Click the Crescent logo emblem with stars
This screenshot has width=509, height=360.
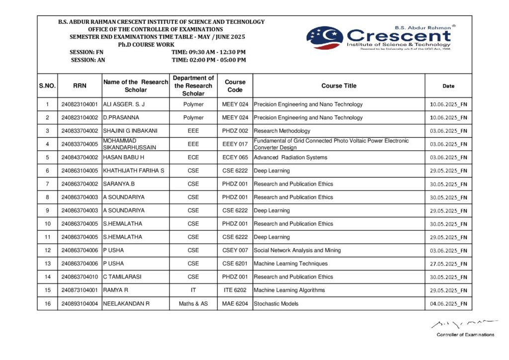coord(325,37)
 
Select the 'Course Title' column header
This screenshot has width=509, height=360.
coord(339,86)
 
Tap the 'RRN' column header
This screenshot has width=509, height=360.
coord(80,86)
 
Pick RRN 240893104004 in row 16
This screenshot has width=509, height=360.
coord(80,303)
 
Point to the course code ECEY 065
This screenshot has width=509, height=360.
coord(235,158)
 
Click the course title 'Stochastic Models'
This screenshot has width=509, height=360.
coord(276,303)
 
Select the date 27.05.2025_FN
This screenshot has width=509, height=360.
coord(448,264)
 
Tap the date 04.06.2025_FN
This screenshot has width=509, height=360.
coord(448,304)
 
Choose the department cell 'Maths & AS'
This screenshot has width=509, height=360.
coord(193,303)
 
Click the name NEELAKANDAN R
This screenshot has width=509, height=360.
coord(126,303)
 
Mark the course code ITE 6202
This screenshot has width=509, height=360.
coord(235,290)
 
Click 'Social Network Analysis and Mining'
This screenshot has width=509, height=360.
coord(297,251)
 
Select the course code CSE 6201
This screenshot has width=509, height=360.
coord(235,264)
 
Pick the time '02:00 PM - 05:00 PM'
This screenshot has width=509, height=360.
coord(209,60)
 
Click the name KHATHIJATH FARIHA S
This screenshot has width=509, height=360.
coord(134,171)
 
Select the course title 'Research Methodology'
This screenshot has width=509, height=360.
coord(282,131)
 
